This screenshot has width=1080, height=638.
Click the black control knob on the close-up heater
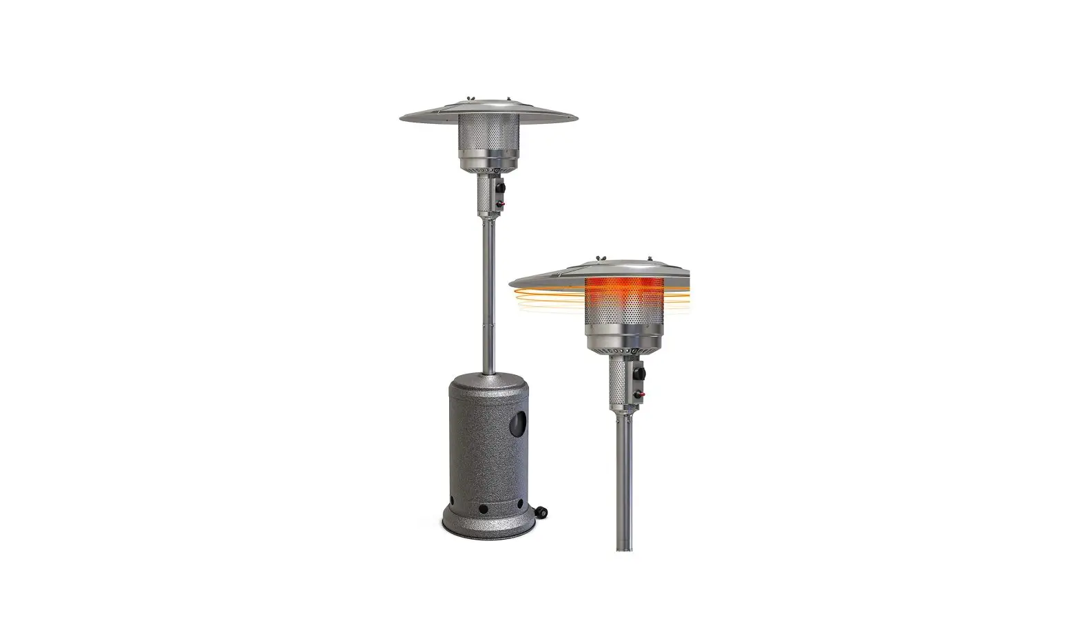[x=642, y=374]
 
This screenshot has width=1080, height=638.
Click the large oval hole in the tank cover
[x=517, y=425]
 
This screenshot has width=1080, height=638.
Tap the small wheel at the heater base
[x=542, y=511]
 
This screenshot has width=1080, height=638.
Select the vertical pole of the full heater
[x=488, y=289]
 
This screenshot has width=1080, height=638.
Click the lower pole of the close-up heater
[x=625, y=482]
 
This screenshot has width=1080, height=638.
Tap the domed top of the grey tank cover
[x=488, y=383]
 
